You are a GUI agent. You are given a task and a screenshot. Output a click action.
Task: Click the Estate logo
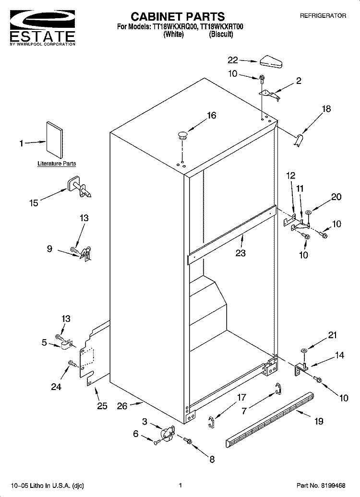tap(43, 28)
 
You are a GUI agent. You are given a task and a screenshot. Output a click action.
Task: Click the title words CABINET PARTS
tap(178, 16)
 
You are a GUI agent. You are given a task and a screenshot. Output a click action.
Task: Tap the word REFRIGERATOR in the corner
tap(323, 15)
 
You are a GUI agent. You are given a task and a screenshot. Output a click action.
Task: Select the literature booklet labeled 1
tap(55, 140)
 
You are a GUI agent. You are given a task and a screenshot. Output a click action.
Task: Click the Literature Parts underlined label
tap(57, 164)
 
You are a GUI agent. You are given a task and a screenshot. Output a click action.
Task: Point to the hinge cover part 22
tap(272, 61)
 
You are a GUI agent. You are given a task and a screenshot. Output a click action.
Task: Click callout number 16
tap(212, 115)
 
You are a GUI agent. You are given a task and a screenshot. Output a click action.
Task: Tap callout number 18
tap(326, 109)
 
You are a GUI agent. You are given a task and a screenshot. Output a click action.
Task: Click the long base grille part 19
tap(270, 420)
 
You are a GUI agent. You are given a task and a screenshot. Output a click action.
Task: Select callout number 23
tap(240, 253)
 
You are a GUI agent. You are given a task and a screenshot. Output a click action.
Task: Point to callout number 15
tap(34, 203)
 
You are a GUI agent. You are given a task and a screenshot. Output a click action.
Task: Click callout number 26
tap(122, 406)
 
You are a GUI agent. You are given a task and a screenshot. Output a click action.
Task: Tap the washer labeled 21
tap(303, 350)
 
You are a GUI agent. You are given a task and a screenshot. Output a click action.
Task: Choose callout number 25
tap(102, 406)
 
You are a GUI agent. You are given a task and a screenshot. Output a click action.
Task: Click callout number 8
tap(212, 459)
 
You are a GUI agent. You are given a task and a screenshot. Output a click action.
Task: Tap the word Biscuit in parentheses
tap(221, 34)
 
